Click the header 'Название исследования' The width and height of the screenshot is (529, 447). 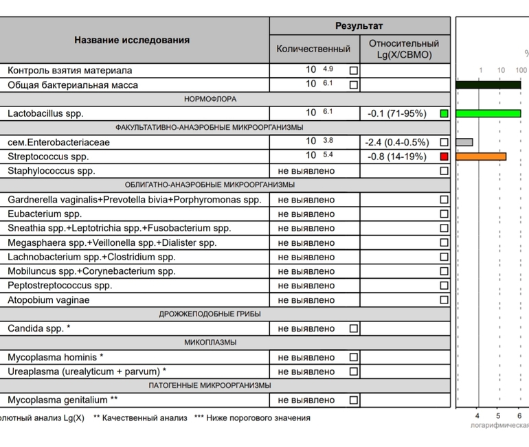[x=132, y=40]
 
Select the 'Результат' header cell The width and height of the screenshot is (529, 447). [x=359, y=26]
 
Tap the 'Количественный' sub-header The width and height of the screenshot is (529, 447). [x=313, y=49]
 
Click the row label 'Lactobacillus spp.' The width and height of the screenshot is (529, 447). [x=45, y=113]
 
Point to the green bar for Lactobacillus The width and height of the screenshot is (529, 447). [x=488, y=113]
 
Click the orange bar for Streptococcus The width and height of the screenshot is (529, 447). [x=481, y=157]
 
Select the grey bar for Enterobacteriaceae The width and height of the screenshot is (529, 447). [x=464, y=142]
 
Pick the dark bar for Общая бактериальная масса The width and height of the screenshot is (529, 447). [x=488, y=84]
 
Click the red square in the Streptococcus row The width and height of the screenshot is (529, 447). [x=444, y=157]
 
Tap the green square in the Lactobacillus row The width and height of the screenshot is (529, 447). [x=444, y=113]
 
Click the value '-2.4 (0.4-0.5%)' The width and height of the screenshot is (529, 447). [x=396, y=142]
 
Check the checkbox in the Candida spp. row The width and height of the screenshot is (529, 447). [x=353, y=329]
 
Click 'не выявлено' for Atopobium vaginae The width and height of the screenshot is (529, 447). [x=306, y=300]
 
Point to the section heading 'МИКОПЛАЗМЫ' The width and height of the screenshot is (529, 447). [x=210, y=343]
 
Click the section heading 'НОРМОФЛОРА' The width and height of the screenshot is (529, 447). [x=210, y=99]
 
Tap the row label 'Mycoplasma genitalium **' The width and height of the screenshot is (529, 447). [x=63, y=400]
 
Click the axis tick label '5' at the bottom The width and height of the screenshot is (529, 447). [x=498, y=416]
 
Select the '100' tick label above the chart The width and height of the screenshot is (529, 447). [x=521, y=70]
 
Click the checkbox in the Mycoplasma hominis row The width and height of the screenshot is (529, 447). [x=353, y=357]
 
